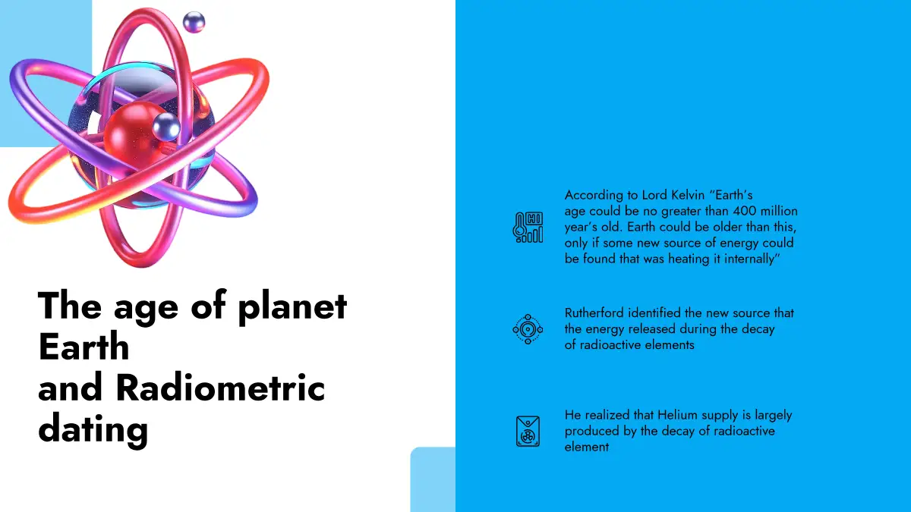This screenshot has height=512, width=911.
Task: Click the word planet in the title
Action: click(x=292, y=308)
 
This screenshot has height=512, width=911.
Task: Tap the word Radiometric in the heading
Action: click(x=220, y=388)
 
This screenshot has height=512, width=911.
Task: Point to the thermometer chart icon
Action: click(x=528, y=228)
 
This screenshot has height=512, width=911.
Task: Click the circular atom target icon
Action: click(x=528, y=329)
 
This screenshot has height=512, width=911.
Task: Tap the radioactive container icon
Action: click(x=528, y=431)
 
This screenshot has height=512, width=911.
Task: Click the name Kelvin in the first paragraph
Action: click(x=688, y=195)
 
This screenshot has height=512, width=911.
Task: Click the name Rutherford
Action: click(x=594, y=313)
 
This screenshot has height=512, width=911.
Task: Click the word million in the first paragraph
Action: click(x=778, y=211)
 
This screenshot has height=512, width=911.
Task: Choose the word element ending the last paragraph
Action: click(x=586, y=447)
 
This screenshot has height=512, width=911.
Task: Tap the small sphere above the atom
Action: click(x=194, y=22)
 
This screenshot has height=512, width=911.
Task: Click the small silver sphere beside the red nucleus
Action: click(x=166, y=127)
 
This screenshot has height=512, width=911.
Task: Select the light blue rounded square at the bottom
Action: click(x=433, y=479)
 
